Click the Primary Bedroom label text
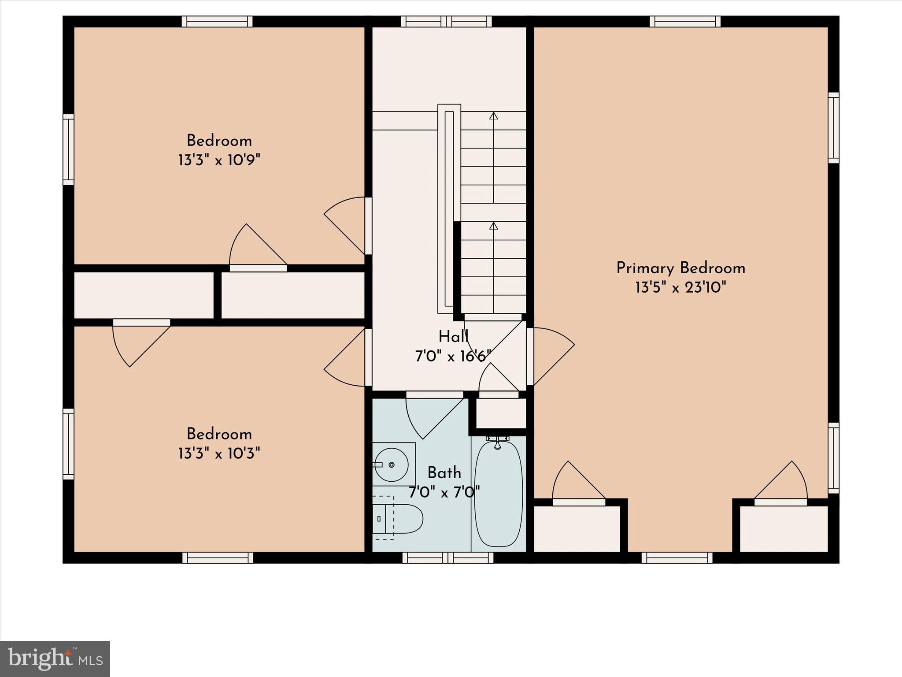pos(680,268)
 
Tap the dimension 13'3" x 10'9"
pos(219,160)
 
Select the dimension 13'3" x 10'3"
pos(219,453)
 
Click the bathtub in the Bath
pos(498,494)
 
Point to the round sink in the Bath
pos(391,465)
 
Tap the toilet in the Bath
pos(399,519)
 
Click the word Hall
pos(453,337)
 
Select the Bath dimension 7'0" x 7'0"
pos(444,492)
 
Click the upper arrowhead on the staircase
pos(494,116)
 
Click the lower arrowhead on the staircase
pos(494,226)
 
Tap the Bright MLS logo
pos(55,658)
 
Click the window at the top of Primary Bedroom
pos(685,22)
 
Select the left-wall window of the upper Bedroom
pos(68,149)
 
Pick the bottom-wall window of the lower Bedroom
pos(218,558)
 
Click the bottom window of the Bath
pos(448,558)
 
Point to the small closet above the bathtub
pos(501,413)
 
